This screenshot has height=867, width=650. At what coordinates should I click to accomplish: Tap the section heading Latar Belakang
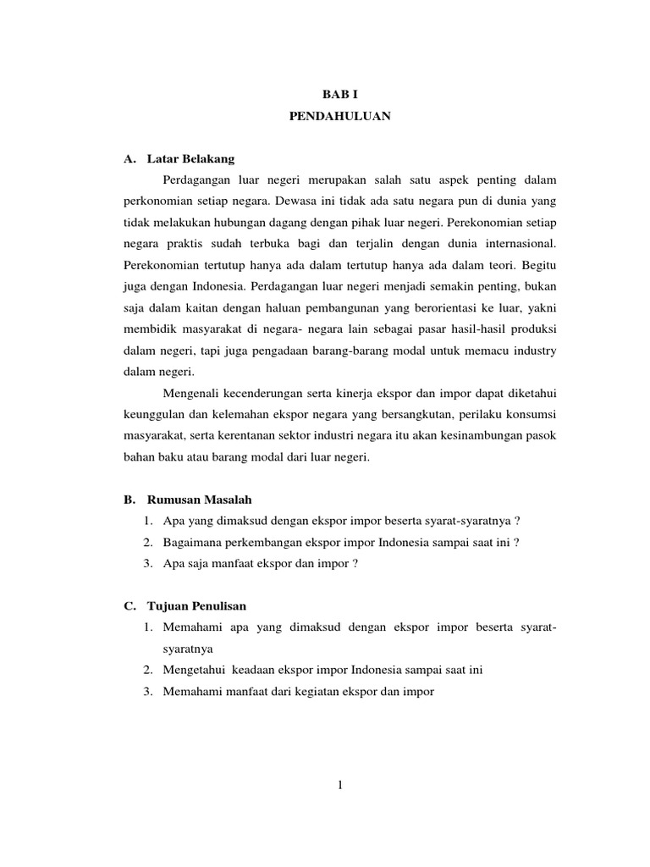point(190,158)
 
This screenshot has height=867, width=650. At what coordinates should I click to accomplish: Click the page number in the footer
point(339,785)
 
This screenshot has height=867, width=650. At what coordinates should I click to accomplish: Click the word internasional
point(516,244)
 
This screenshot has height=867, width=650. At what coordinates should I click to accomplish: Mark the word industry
point(536,350)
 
